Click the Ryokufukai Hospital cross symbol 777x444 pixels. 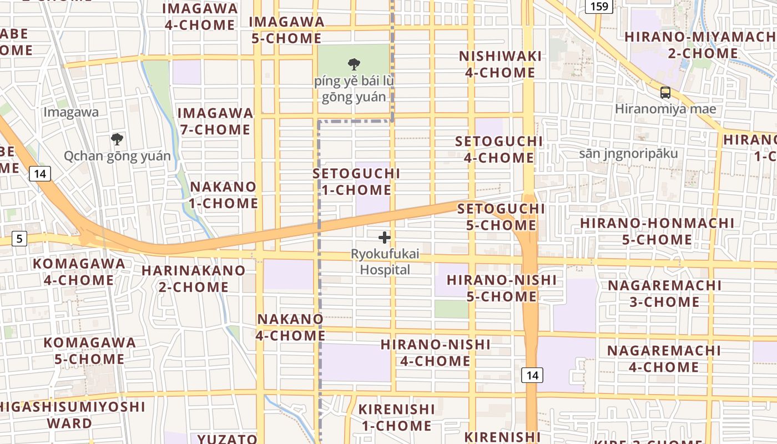[384, 238]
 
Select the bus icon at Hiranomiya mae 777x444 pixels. [665, 93]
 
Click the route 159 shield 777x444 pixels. [599, 6]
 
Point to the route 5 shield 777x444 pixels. [19, 239]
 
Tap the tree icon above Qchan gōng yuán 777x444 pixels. [117, 139]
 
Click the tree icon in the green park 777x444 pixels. [354, 64]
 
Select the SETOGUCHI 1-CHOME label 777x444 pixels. [356, 181]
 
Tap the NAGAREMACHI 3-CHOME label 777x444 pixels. [664, 294]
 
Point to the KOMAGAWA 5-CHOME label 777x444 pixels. [89, 351]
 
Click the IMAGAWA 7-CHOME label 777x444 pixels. [215, 121]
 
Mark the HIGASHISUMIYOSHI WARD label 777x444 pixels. [72, 415]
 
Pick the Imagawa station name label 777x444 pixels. [71, 112]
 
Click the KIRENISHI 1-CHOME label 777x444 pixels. [396, 417]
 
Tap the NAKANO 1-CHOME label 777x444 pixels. [223, 195]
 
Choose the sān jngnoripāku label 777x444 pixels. [628, 153]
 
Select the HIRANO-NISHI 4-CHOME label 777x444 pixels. [436, 353]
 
